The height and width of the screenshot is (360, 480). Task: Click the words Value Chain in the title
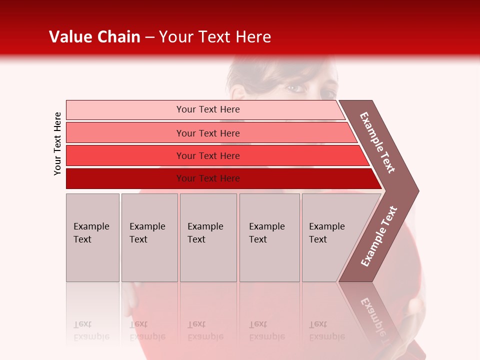94,37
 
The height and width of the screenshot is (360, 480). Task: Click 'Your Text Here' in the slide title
215,37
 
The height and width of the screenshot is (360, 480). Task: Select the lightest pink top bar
125,109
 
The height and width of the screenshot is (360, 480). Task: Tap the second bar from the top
125,133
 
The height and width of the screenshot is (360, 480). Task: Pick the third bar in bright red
125,155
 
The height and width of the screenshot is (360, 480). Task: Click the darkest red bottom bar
125,178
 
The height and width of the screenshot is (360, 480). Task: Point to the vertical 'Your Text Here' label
57,143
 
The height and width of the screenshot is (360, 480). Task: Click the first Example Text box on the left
92,237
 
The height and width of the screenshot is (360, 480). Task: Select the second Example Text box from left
149,237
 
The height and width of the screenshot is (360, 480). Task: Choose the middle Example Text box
207,237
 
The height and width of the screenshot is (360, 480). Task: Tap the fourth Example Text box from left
269,237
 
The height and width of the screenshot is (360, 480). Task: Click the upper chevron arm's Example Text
378,142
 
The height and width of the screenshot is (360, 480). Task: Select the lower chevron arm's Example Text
379,236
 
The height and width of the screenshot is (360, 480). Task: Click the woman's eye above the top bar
296,88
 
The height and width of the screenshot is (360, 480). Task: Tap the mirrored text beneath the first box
91,330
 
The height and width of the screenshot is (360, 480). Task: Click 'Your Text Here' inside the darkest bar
208,178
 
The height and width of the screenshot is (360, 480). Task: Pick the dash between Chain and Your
149,37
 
